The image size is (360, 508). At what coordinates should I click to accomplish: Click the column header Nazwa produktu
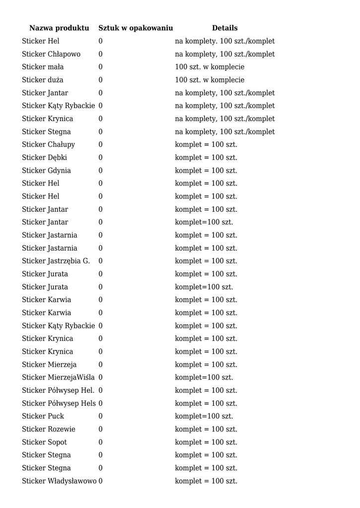tap(59, 28)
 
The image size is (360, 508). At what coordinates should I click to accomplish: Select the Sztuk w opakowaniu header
tap(136, 28)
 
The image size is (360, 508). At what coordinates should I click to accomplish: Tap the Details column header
tap(224, 28)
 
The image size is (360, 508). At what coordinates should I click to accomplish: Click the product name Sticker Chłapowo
tap(51, 54)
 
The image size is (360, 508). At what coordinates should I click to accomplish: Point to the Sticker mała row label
tap(43, 67)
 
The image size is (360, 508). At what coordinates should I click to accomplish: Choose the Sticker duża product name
tap(43, 80)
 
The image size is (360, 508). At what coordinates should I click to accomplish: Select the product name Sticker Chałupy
tap(49, 144)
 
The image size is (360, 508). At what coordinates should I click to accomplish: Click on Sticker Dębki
tap(45, 157)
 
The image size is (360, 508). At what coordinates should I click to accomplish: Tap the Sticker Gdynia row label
tap(46, 171)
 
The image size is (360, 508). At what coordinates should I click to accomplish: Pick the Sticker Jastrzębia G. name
tap(56, 261)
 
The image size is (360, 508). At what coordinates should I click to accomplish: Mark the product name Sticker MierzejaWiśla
tap(58, 378)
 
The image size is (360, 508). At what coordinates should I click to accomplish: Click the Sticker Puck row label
tap(43, 416)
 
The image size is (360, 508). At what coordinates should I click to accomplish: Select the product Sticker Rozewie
tap(49, 429)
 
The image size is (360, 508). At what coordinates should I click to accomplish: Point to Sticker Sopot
tap(45, 442)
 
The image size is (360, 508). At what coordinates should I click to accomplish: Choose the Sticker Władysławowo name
tap(59, 481)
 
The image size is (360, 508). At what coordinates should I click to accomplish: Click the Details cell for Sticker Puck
tap(204, 416)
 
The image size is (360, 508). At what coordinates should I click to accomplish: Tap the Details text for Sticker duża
tap(210, 80)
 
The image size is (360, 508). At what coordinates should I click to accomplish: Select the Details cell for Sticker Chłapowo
tap(224, 54)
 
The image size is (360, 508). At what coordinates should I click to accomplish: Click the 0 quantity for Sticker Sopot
tap(100, 442)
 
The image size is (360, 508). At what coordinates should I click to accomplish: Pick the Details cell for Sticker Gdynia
tap(206, 171)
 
